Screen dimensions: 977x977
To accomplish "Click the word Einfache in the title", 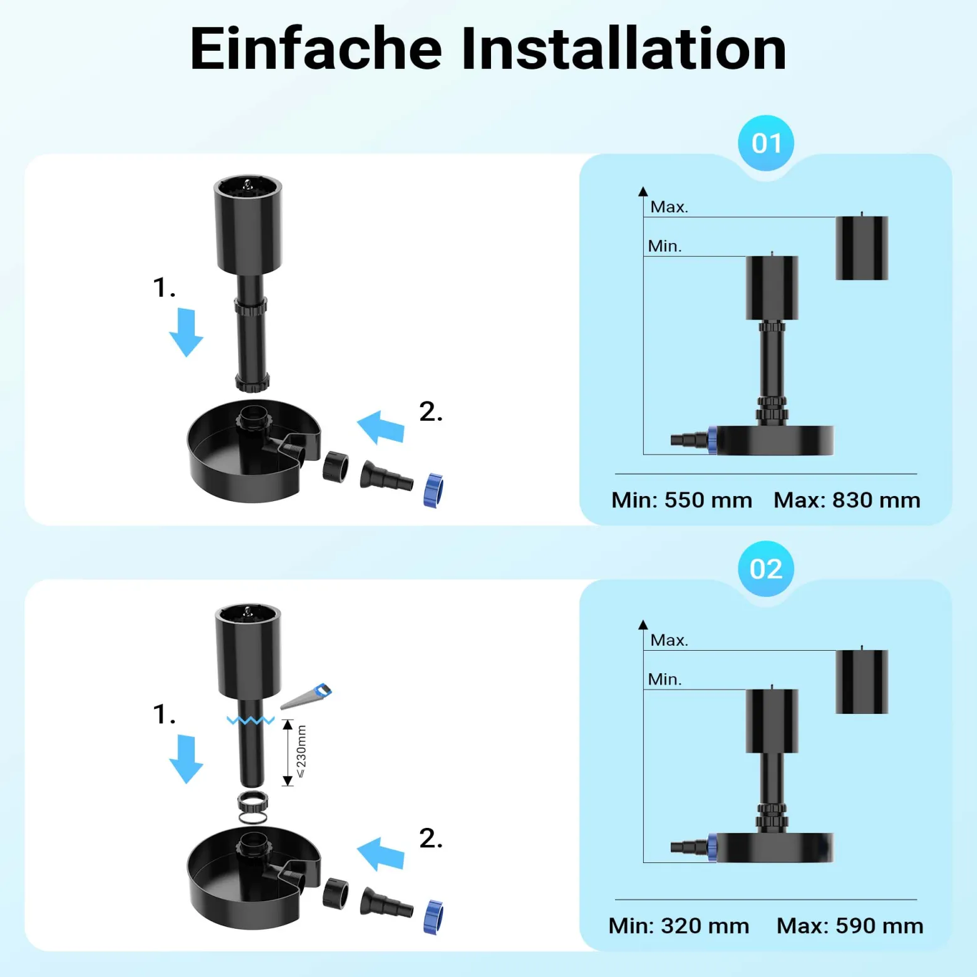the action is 316,49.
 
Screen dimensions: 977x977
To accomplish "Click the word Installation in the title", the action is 623,49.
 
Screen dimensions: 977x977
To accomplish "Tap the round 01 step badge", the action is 766,143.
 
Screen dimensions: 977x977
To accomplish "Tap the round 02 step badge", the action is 766,569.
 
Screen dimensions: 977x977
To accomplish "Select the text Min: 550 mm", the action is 681,500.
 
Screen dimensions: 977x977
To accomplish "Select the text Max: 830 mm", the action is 847,500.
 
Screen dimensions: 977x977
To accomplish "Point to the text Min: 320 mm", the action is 679,926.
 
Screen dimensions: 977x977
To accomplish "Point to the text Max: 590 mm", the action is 850,926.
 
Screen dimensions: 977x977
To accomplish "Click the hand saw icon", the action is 306,696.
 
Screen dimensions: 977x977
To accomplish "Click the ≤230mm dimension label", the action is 301,752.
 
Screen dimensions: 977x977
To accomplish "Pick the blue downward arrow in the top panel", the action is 186,333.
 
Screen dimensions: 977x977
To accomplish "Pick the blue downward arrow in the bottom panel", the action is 186,759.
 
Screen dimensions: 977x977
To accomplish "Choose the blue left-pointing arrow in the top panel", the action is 381,427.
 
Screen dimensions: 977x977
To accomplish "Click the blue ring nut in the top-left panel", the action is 433,490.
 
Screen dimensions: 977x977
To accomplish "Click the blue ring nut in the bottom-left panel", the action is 433,918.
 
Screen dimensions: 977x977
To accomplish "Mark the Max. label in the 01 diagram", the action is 669,207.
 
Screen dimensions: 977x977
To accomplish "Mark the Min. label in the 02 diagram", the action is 665,680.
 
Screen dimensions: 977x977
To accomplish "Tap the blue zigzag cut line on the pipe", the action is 251,720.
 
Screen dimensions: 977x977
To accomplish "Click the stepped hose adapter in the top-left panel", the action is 386,477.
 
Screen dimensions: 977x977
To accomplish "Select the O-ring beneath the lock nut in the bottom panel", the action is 253,818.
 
